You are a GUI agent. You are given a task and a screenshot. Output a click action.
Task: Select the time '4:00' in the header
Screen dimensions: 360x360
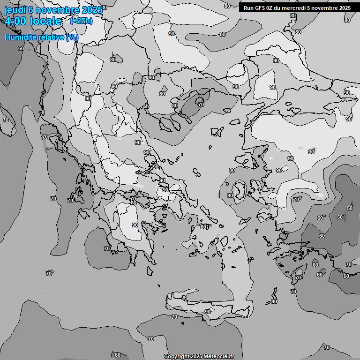click(15, 21)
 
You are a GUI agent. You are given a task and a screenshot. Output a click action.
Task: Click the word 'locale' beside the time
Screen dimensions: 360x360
click(45, 21)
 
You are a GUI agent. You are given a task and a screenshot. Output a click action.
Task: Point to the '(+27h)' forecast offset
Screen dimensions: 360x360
click(81, 21)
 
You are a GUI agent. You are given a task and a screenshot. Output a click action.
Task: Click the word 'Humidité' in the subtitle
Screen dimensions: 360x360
click(19, 37)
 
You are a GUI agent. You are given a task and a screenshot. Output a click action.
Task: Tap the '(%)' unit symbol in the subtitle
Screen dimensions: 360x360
click(72, 37)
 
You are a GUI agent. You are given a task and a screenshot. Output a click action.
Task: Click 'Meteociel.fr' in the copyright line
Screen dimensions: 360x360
click(222, 357)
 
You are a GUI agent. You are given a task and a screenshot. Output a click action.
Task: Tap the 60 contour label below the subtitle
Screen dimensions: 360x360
click(21, 48)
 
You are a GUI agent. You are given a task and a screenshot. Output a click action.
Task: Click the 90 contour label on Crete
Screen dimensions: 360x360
click(208, 312)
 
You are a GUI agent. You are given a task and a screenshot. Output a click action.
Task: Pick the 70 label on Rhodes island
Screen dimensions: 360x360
click(298, 278)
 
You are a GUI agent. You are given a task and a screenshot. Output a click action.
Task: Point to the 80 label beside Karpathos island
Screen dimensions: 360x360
click(274, 301)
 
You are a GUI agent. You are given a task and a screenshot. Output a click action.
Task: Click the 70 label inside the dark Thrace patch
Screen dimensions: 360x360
click(201, 105)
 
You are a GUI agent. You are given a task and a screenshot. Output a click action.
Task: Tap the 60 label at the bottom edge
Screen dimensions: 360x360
click(118, 355)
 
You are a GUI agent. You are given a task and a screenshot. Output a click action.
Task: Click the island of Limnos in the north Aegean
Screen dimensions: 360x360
click(216, 132)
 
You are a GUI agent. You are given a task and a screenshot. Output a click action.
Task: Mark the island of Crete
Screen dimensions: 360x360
click(206, 302)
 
